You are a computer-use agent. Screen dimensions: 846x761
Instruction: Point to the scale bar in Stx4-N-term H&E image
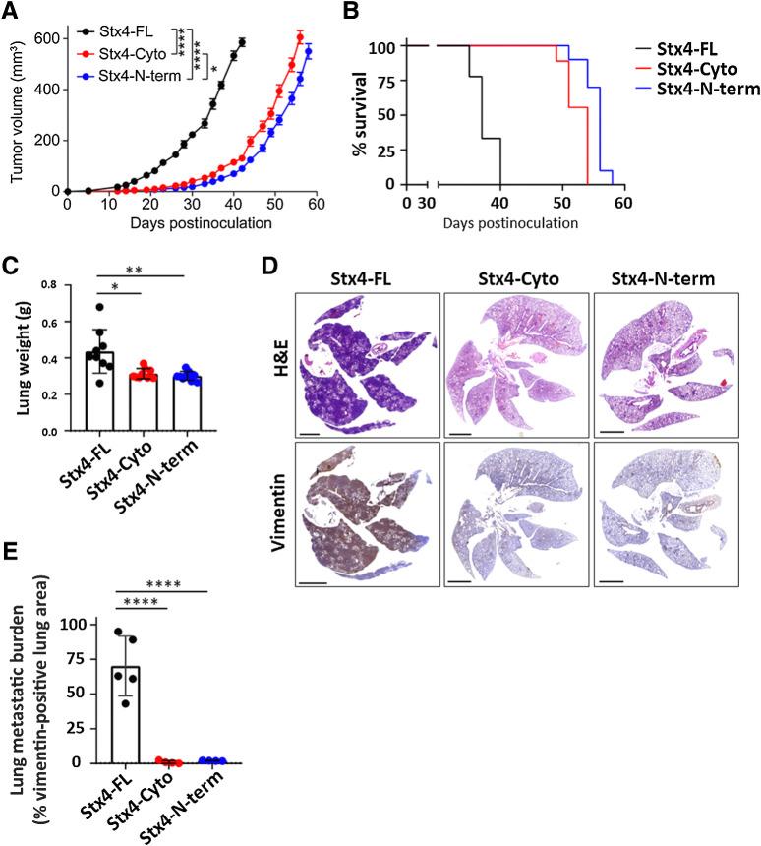(612, 430)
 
